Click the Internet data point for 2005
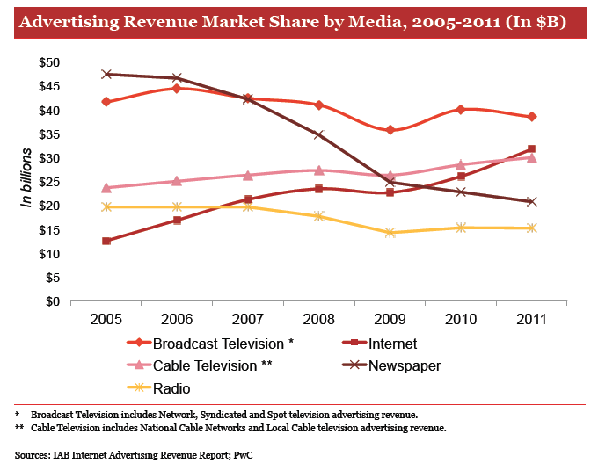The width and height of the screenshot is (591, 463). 106,241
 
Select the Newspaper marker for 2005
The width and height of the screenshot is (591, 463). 106,74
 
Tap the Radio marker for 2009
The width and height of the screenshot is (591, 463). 390,233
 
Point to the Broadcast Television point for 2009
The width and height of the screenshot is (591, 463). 390,130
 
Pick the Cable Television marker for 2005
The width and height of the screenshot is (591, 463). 106,187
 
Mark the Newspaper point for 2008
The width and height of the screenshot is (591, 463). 318,134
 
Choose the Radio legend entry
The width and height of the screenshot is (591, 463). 171,387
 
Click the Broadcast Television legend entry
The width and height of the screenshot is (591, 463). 216,344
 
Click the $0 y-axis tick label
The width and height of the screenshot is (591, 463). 52,302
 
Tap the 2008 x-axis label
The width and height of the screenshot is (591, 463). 318,317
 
